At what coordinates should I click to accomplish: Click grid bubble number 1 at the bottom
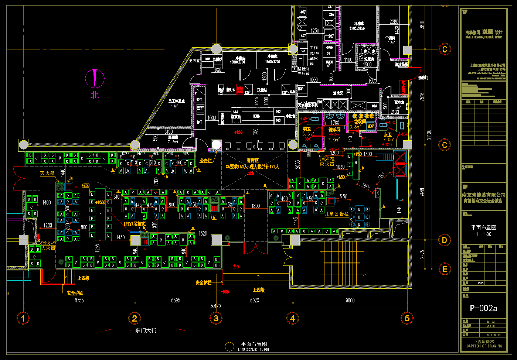23,318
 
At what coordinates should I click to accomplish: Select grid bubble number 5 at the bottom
407,318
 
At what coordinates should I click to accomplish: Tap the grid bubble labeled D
445,240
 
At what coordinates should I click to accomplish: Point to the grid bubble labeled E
445,269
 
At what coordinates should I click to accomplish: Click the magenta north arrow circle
95,78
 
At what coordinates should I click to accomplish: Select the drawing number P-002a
483,308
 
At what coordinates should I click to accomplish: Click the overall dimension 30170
215,306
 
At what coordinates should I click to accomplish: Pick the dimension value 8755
79,300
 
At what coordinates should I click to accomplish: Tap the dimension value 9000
350,300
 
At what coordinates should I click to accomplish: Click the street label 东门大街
146,330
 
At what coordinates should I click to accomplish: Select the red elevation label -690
225,292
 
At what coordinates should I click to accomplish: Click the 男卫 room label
307,129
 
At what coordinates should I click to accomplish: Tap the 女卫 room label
388,135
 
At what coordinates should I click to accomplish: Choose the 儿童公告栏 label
337,214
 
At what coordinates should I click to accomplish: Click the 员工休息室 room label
176,101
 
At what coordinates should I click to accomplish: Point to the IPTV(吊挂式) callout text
135,224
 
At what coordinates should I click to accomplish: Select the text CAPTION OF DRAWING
484,346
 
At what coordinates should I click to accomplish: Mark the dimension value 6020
255,300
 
